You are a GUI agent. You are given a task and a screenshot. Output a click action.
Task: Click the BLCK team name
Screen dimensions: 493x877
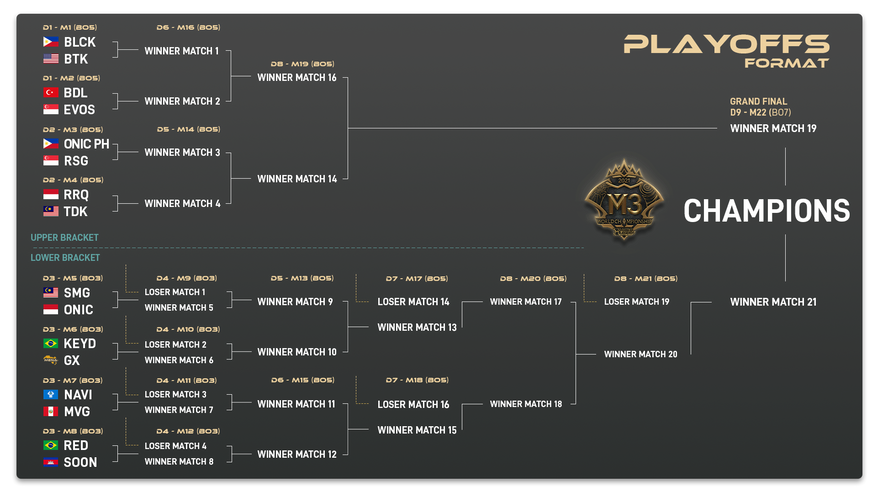coord(80,42)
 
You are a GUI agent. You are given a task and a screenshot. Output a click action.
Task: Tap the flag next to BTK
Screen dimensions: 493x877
coord(51,59)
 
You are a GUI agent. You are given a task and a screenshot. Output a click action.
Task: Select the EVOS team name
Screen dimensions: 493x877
coord(80,110)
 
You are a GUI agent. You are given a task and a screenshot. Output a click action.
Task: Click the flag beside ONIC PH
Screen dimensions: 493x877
coord(51,144)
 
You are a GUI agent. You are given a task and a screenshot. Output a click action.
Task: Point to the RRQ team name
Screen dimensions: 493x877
coord(76,195)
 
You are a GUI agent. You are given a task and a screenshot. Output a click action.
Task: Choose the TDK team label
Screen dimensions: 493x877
coord(76,212)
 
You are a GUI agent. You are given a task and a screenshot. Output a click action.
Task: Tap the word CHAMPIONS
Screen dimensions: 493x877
coord(766,210)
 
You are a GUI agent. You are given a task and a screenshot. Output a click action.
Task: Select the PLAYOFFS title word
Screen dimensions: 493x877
coord(726,44)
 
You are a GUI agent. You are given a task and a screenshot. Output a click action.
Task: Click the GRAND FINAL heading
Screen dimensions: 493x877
coord(759,101)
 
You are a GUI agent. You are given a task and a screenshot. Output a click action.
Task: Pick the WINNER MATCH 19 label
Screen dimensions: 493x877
coord(773,128)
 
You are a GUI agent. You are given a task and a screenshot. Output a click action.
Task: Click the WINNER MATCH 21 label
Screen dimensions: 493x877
coord(773,302)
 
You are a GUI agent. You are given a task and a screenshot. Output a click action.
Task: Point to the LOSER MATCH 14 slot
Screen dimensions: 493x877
coord(413,302)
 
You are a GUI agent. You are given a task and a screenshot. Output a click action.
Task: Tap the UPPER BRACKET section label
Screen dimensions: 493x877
coord(64,237)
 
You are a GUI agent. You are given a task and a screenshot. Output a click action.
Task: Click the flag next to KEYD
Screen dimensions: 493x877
coord(51,343)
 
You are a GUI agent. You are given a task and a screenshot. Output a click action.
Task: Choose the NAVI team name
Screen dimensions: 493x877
coord(78,395)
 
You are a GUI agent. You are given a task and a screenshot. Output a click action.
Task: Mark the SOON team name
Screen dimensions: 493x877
coord(79,462)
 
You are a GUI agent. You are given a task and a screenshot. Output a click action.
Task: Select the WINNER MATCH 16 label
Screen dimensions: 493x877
coord(297,77)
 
